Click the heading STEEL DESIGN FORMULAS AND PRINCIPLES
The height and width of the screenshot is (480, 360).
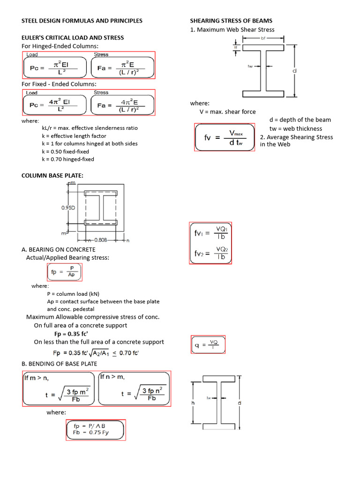(82, 21)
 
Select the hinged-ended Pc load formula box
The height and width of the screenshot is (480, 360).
(55, 67)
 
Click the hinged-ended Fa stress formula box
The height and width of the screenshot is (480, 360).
(122, 67)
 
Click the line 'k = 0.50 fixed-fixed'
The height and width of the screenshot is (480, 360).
(65, 151)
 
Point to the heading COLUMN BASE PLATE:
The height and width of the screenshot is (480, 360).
(52, 176)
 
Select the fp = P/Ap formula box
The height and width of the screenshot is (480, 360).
(65, 272)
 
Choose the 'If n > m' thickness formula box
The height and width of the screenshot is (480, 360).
(134, 389)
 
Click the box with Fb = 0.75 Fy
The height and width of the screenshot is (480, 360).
(96, 429)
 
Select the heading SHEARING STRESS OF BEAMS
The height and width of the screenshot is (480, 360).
(231, 21)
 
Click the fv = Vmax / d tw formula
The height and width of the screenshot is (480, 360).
(224, 137)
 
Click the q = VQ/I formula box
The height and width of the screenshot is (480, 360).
(208, 345)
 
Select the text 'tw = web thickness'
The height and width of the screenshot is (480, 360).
(295, 128)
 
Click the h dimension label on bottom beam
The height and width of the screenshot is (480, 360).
(193, 403)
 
